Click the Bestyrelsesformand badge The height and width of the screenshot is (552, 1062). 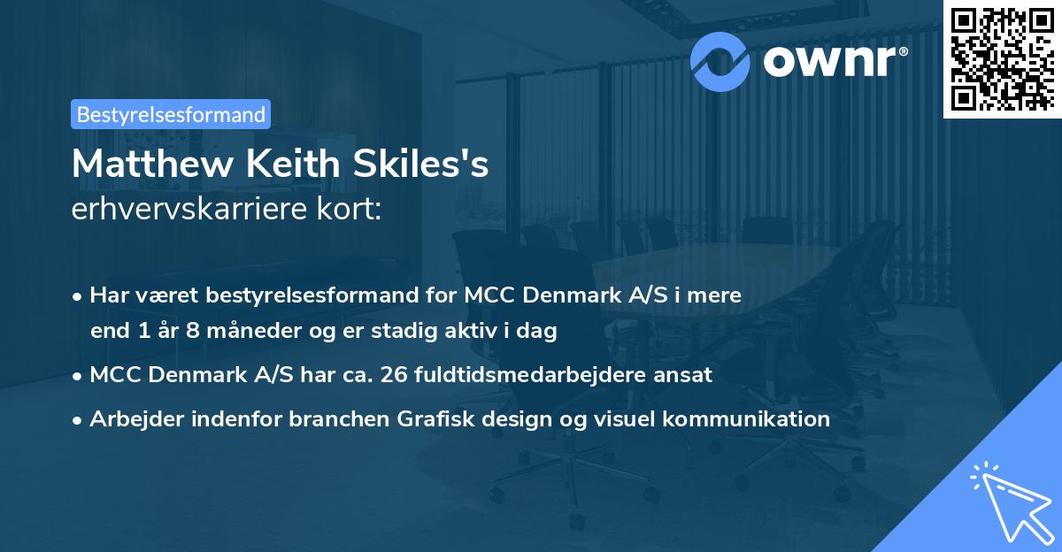pos(171,114)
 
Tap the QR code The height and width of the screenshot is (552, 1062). pos(1001,60)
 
